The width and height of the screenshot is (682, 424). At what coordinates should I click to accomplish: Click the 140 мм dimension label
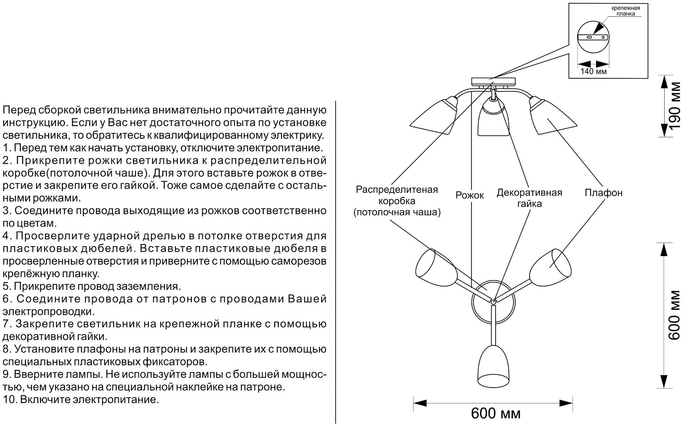(593, 71)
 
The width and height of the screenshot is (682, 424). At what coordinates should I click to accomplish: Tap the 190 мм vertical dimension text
(675, 106)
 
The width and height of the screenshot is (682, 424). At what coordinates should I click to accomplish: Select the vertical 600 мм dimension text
(675, 315)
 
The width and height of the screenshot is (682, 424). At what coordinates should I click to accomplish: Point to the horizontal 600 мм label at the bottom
(496, 413)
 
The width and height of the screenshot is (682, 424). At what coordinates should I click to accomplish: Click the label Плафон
(603, 193)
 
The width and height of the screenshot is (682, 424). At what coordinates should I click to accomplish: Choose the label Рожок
(470, 195)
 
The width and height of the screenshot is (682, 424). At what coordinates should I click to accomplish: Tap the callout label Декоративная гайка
(529, 198)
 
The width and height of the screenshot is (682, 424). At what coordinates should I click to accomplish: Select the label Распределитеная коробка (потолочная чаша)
(397, 201)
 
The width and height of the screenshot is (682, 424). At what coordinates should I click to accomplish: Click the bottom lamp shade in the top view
(492, 366)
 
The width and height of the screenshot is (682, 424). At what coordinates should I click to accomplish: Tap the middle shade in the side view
(491, 118)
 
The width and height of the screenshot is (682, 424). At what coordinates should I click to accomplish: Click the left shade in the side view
(434, 116)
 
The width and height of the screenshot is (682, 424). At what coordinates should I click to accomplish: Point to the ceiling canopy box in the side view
(493, 81)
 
